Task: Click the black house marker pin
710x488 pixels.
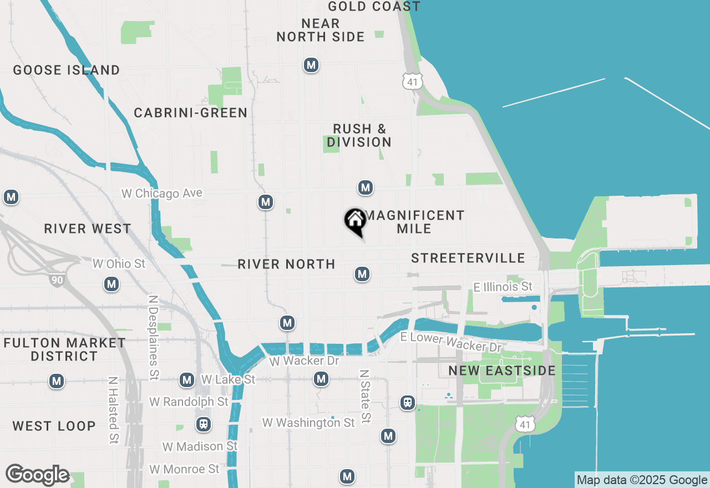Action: tap(355, 221)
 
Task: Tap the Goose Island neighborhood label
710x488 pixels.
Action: tap(67, 70)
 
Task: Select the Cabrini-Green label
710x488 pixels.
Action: tap(191, 113)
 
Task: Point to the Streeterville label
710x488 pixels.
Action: tap(468, 258)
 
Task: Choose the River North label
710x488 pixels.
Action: tap(286, 265)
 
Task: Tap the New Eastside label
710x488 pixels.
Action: tap(502, 371)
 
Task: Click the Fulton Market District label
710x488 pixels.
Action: tap(64, 349)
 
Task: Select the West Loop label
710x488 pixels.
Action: tap(54, 426)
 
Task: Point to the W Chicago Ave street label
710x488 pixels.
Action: tap(162, 194)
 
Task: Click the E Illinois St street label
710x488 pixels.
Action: tap(503, 287)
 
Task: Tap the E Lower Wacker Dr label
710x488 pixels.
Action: tap(450, 342)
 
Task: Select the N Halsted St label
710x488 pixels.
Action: tap(114, 410)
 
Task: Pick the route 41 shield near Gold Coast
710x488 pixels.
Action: tap(413, 81)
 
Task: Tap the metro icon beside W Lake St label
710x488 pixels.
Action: tap(187, 380)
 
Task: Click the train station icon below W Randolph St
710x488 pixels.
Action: tap(204, 425)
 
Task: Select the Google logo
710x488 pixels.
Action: tap(37, 475)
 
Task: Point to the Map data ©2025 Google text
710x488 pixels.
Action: tap(642, 480)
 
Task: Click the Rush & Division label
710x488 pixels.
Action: tap(359, 136)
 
